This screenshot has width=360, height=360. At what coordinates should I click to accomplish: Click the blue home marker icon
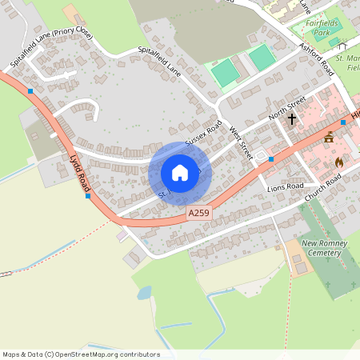click(x=180, y=173)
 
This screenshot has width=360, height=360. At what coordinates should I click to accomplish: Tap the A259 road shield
click(x=200, y=214)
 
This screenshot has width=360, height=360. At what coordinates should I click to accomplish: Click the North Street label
click(x=287, y=106)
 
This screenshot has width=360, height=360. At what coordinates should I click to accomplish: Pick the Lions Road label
click(x=285, y=186)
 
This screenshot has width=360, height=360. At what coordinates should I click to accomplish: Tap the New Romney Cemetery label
click(x=322, y=247)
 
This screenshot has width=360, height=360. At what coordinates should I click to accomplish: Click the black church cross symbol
click(x=292, y=119)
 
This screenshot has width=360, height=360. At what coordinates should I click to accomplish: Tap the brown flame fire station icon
click(x=338, y=162)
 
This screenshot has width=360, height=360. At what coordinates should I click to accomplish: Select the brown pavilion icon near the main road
click(x=329, y=138)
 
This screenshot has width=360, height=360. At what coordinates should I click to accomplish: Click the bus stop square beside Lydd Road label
click(x=88, y=195)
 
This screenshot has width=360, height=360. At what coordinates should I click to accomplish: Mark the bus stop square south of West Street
click(x=271, y=159)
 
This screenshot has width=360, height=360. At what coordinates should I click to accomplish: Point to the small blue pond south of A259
click(x=143, y=293)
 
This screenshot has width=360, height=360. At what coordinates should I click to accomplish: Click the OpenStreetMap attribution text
click(x=81, y=354)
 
